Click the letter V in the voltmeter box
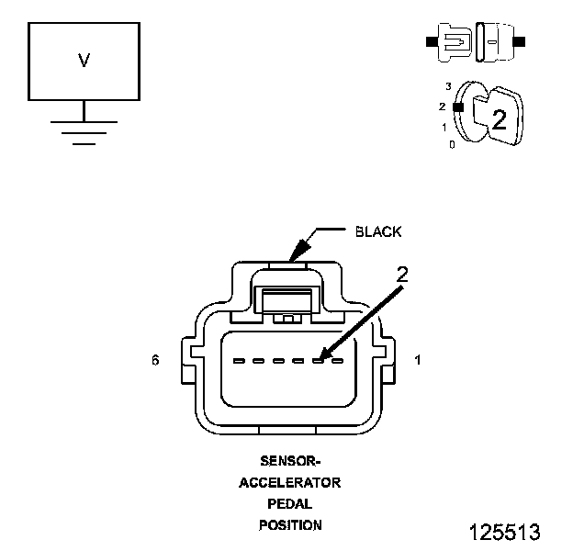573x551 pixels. click(x=84, y=61)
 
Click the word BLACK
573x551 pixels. click(x=377, y=231)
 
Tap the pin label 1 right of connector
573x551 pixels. click(x=418, y=361)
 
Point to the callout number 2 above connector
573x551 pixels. click(x=401, y=274)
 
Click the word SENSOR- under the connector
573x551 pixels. click(x=288, y=461)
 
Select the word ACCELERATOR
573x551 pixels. click(x=289, y=482)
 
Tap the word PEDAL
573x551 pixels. click(x=289, y=504)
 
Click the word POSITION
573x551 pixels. click(x=289, y=525)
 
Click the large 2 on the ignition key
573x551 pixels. click(x=499, y=118)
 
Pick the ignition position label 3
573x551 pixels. click(x=448, y=86)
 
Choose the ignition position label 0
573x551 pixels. click(x=451, y=144)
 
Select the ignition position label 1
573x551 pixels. click(x=444, y=127)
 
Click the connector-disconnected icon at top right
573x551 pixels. click(x=475, y=42)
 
